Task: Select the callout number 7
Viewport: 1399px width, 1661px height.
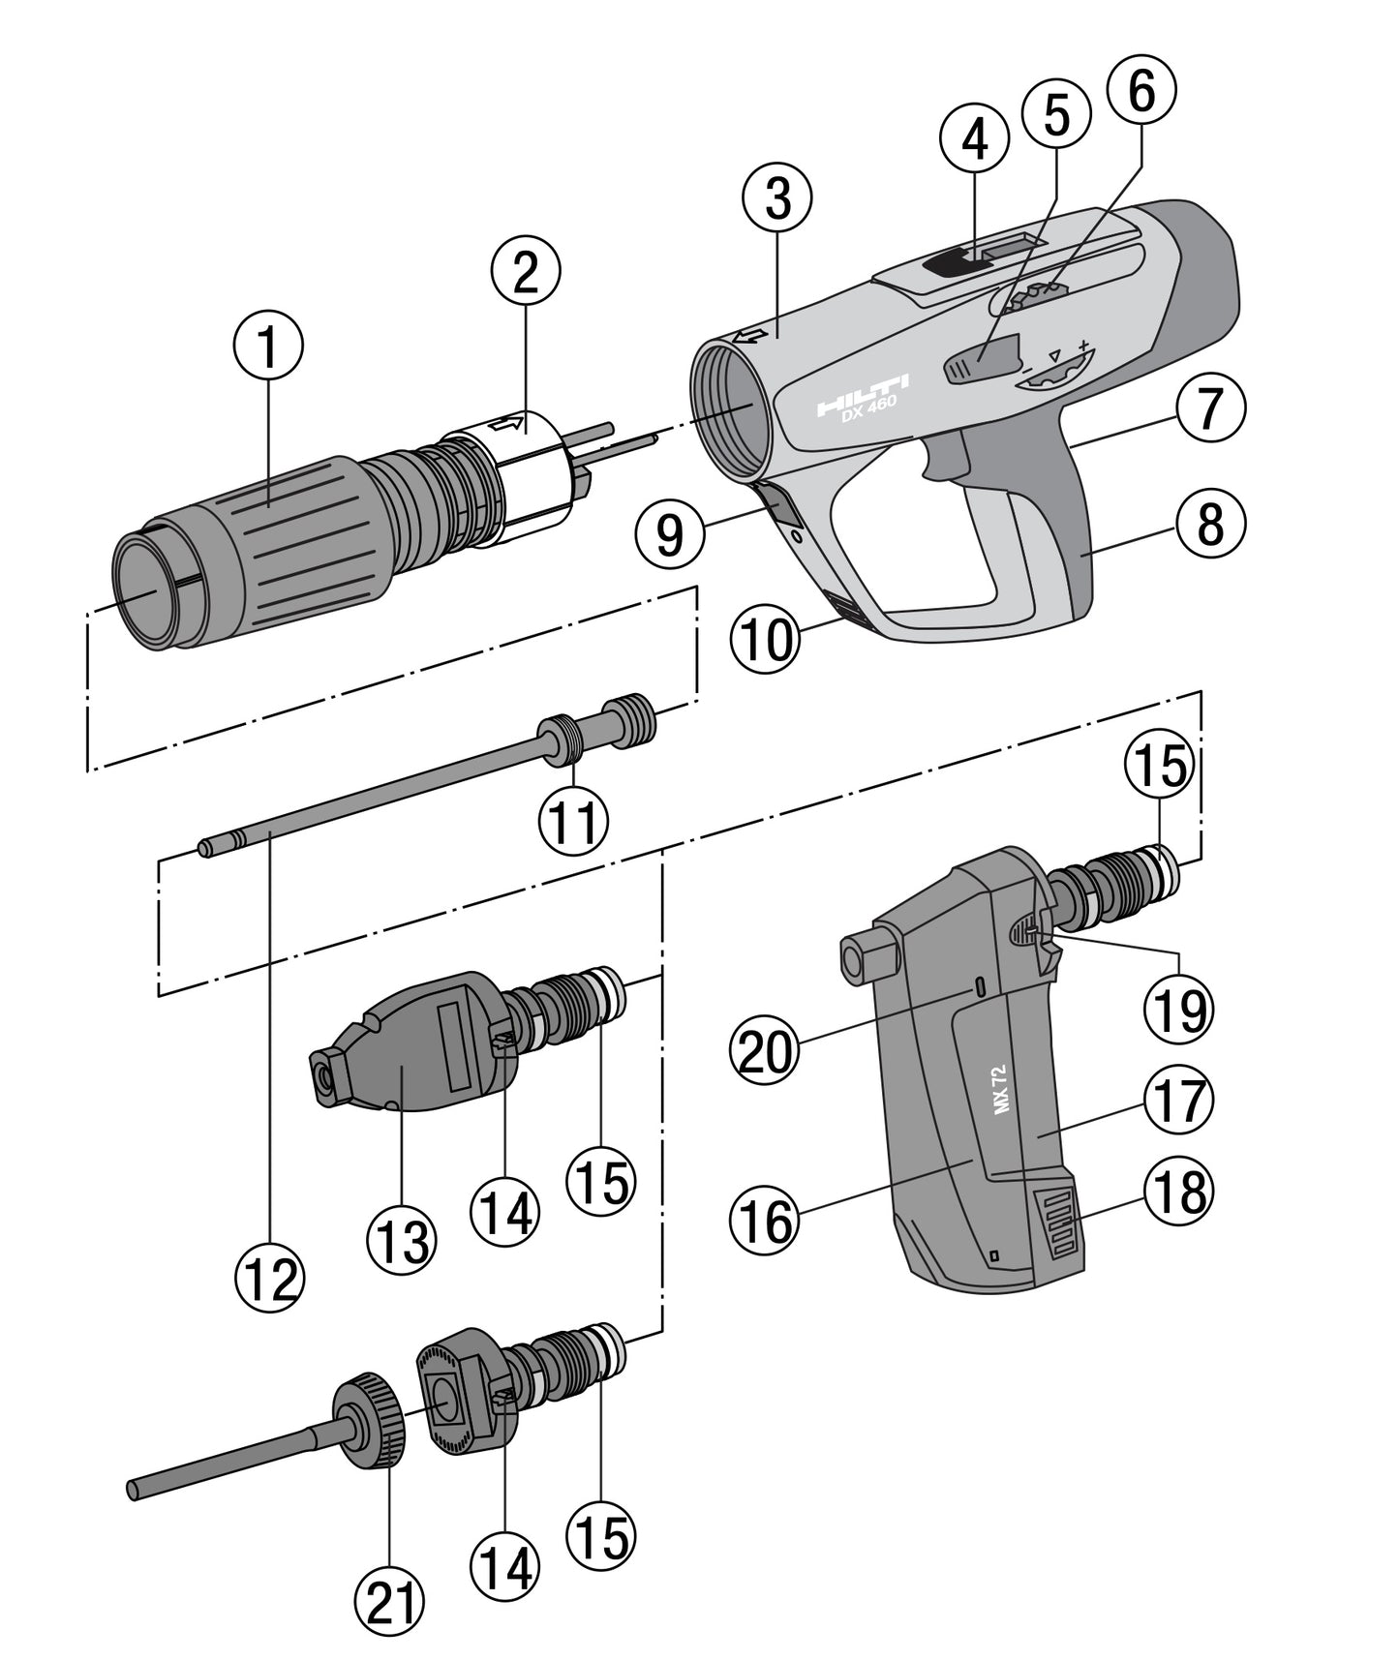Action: pyautogui.click(x=1210, y=410)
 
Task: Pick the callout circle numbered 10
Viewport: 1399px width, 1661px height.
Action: pyautogui.click(x=765, y=640)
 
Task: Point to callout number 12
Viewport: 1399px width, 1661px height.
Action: pyautogui.click(x=269, y=1280)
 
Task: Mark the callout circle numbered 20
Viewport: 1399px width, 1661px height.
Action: pyautogui.click(x=765, y=1052)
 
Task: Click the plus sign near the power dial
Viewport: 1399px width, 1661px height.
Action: pyautogui.click(x=1084, y=346)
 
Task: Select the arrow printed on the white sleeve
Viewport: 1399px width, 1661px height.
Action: pyautogui.click(x=507, y=422)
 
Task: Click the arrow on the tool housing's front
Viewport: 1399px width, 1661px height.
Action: pyautogui.click(x=746, y=337)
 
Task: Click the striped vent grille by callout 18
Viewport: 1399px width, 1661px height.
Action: pyautogui.click(x=1059, y=1224)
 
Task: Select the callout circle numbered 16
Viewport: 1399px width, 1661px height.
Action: pyautogui.click(x=765, y=1222)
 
